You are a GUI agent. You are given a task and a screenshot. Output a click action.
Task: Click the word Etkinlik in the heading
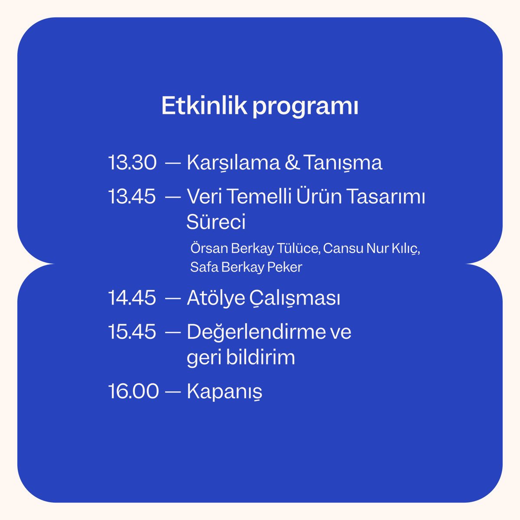205,106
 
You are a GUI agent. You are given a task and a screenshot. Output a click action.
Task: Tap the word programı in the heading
305,107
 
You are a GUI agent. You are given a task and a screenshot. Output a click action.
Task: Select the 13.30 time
132,162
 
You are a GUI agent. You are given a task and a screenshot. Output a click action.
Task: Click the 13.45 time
132,196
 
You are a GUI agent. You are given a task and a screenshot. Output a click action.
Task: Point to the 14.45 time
132,298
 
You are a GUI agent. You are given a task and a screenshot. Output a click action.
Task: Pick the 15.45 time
132,332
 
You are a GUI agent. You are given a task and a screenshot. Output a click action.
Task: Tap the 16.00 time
133,391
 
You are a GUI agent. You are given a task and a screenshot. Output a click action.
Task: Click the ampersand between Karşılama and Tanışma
292,162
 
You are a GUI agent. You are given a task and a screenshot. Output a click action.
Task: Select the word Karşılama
233,163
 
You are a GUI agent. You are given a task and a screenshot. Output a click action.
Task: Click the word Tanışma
343,163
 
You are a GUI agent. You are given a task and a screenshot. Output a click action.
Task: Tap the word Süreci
216,222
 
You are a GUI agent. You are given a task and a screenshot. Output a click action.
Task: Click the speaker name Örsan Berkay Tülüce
255,249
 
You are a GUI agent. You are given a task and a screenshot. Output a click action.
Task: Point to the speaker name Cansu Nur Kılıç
371,249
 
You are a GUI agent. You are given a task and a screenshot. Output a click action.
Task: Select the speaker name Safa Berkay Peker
246,267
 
